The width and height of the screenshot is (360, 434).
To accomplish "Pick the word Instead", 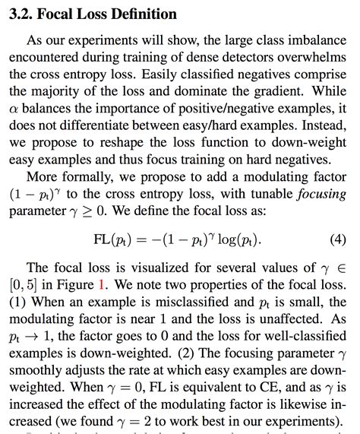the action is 318,125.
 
